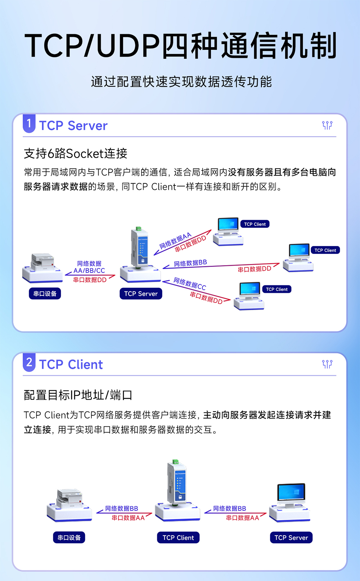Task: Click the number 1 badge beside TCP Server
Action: pyautogui.click(x=29, y=124)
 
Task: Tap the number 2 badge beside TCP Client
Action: pyautogui.click(x=29, y=362)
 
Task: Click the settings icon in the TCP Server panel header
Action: pyautogui.click(x=327, y=125)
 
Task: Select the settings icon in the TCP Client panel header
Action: pyautogui.click(x=327, y=364)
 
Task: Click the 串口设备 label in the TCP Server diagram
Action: pyautogui.click(x=45, y=294)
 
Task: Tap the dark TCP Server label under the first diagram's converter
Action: pyautogui.click(x=141, y=294)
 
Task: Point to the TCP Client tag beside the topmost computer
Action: pyautogui.click(x=255, y=224)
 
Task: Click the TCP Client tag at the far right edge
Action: pyautogui.click(x=325, y=250)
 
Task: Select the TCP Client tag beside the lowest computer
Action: pyautogui.click(x=276, y=289)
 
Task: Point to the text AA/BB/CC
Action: pyautogui.click(x=89, y=271)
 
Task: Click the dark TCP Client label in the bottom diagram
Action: pyautogui.click(x=178, y=537)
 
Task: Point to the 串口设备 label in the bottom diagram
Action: pyautogui.click(x=69, y=537)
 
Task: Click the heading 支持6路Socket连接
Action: pyautogui.click(x=76, y=153)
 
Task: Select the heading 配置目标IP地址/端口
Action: pyautogui.click(x=78, y=395)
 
